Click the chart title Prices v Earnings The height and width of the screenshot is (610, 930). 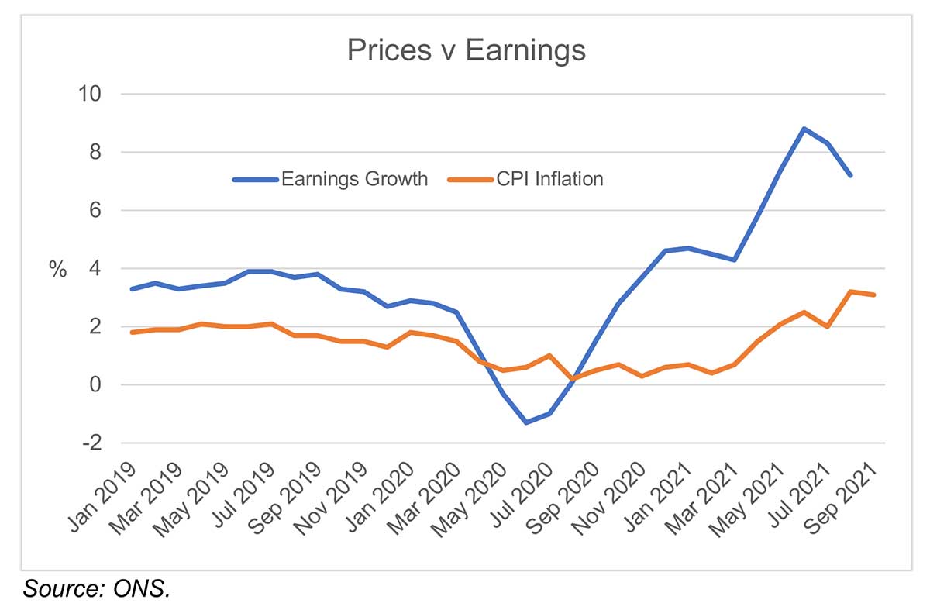pos(466,50)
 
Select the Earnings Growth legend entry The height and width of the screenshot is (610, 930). pos(353,179)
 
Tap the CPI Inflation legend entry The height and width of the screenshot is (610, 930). pos(549,179)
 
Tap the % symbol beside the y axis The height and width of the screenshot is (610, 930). pos(58,270)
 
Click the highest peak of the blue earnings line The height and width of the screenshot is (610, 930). pos(804,129)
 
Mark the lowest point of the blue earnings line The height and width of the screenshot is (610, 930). pos(527,422)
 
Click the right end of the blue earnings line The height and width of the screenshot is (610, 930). pos(851,176)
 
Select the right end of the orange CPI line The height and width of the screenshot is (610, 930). pos(874,295)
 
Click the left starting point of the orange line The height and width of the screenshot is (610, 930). pos(133,333)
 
